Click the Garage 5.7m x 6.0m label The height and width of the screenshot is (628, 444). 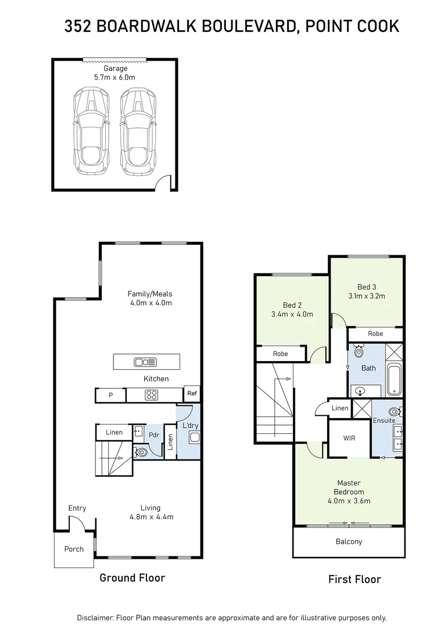coord(114,73)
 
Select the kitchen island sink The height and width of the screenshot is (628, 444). coord(145,362)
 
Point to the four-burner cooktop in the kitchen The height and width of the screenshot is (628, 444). coord(152,395)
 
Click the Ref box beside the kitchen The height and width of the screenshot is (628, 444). coord(191,394)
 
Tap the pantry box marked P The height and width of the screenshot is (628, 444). coord(110,395)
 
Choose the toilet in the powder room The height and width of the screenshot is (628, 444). coord(141,451)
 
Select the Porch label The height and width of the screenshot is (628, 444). coord(74,549)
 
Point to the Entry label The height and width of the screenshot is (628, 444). coord(77,508)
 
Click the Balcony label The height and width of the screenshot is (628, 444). coord(349,542)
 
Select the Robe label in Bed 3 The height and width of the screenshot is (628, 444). coord(375,334)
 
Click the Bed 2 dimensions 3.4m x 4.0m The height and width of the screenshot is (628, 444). coord(292,315)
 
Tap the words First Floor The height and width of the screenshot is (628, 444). coord(355,579)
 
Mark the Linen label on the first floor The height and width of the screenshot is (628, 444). coord(339,408)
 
